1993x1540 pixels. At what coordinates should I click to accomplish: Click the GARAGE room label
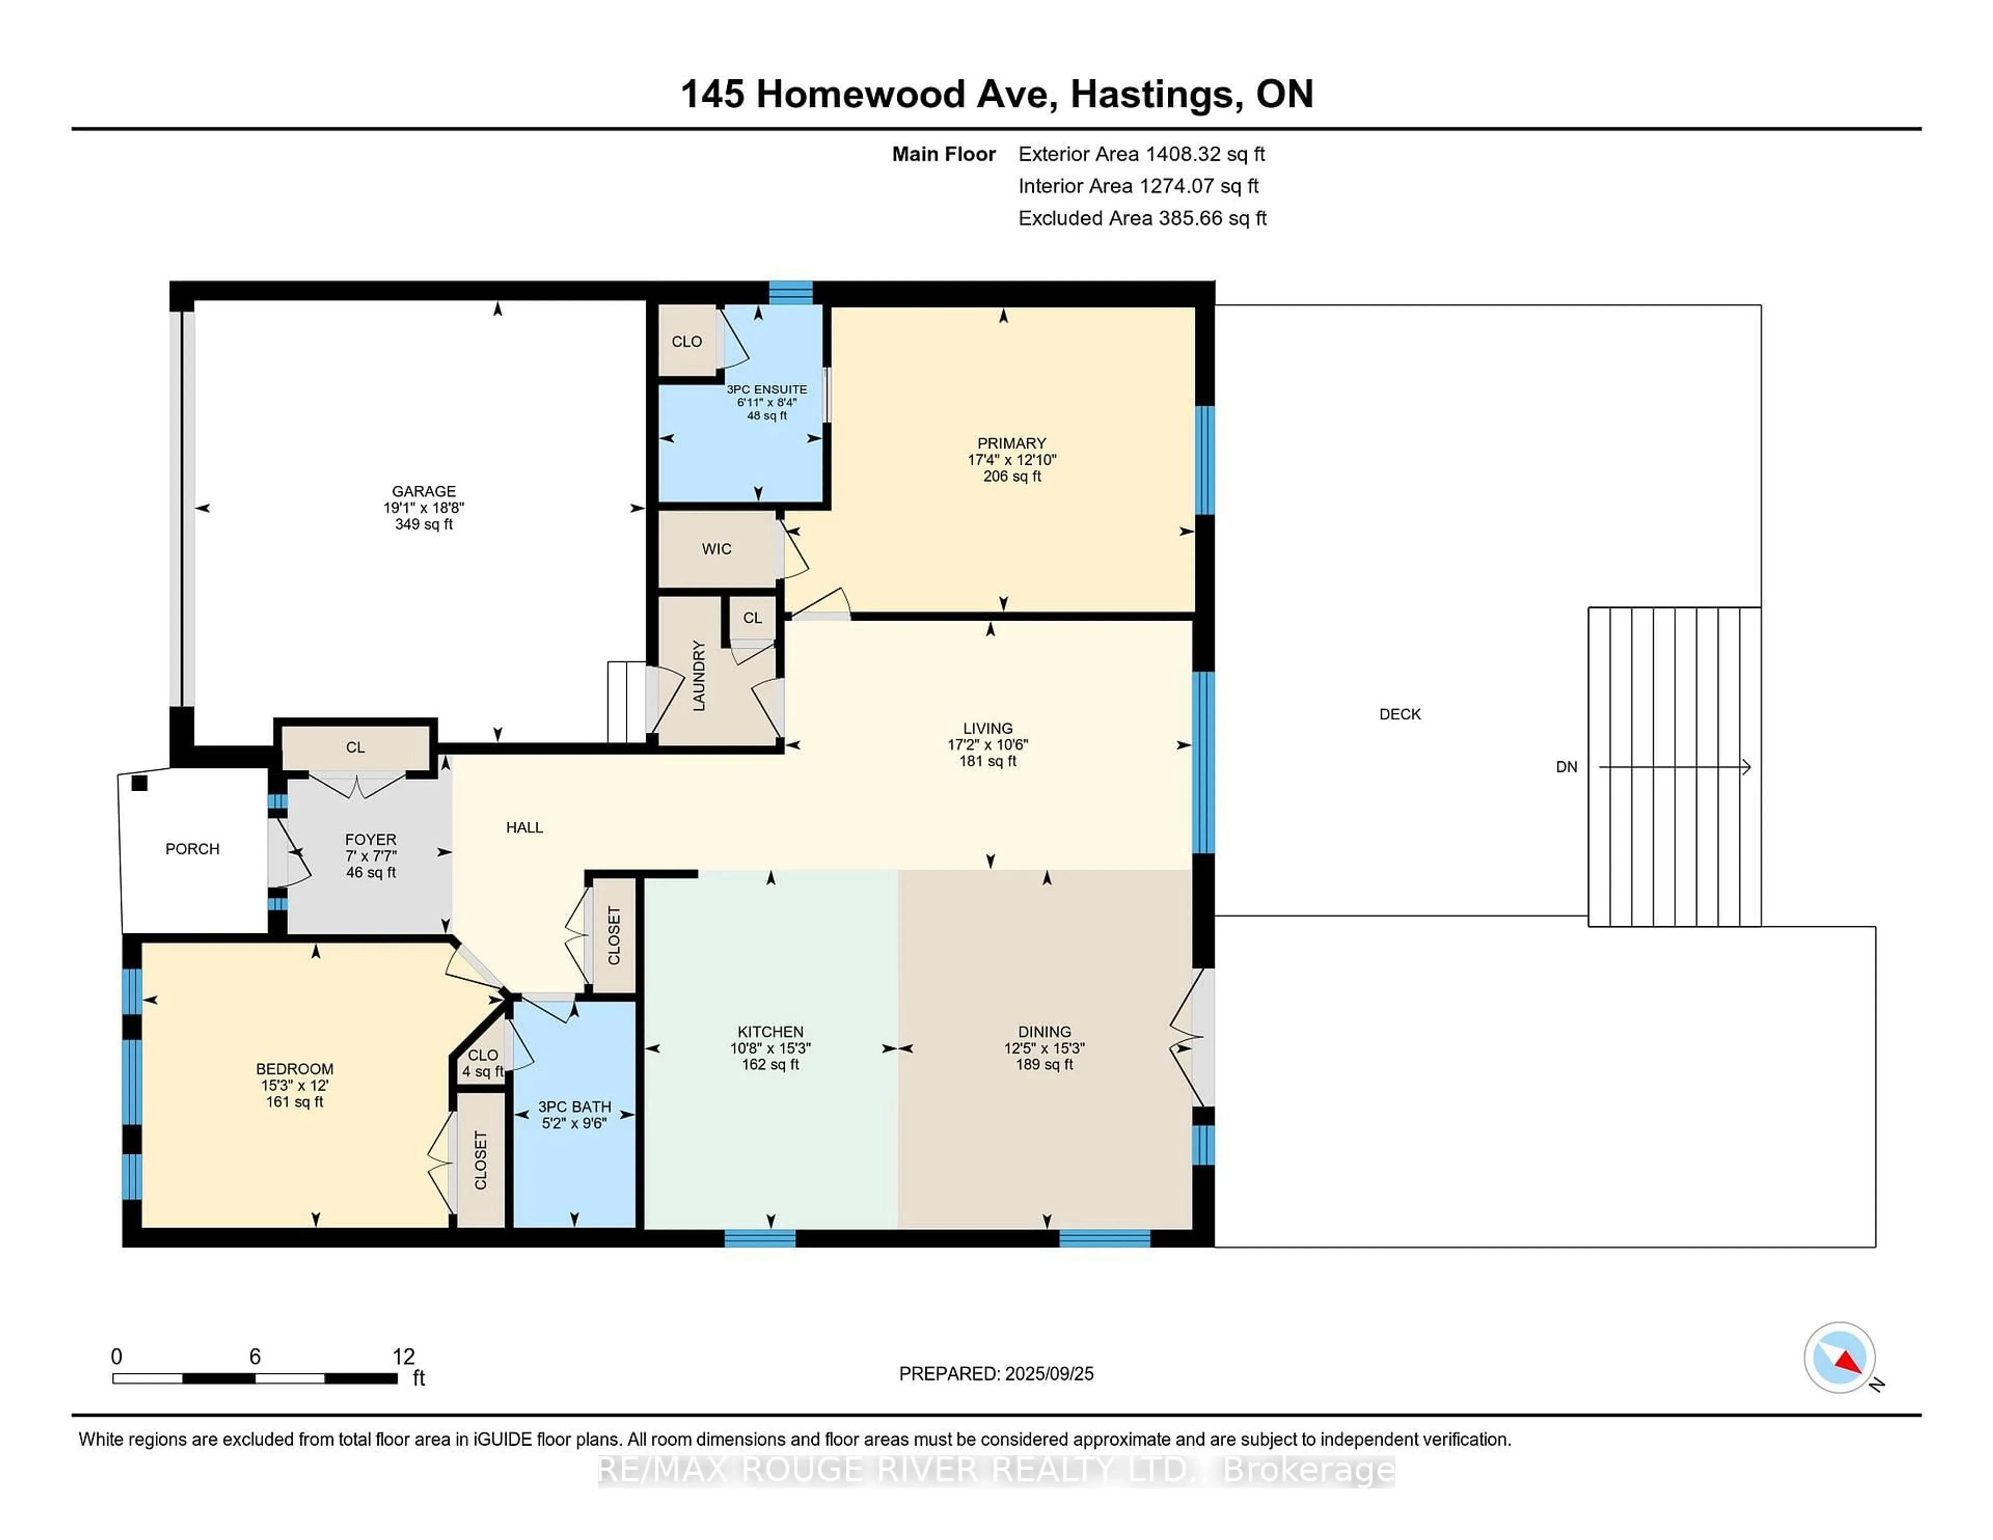click(424, 491)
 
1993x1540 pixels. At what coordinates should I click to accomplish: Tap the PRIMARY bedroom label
click(1011, 444)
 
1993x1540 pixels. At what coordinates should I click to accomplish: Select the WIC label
click(716, 549)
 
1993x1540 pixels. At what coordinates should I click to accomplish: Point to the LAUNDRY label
click(699, 676)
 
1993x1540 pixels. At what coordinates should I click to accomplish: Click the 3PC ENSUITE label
click(767, 390)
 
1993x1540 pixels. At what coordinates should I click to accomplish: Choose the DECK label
click(1400, 714)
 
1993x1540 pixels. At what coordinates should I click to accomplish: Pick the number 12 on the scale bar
click(403, 1357)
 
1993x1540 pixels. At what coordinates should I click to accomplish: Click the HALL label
click(525, 828)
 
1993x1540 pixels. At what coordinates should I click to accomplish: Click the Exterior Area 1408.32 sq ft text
click(1142, 154)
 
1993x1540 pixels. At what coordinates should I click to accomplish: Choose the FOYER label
click(371, 840)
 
